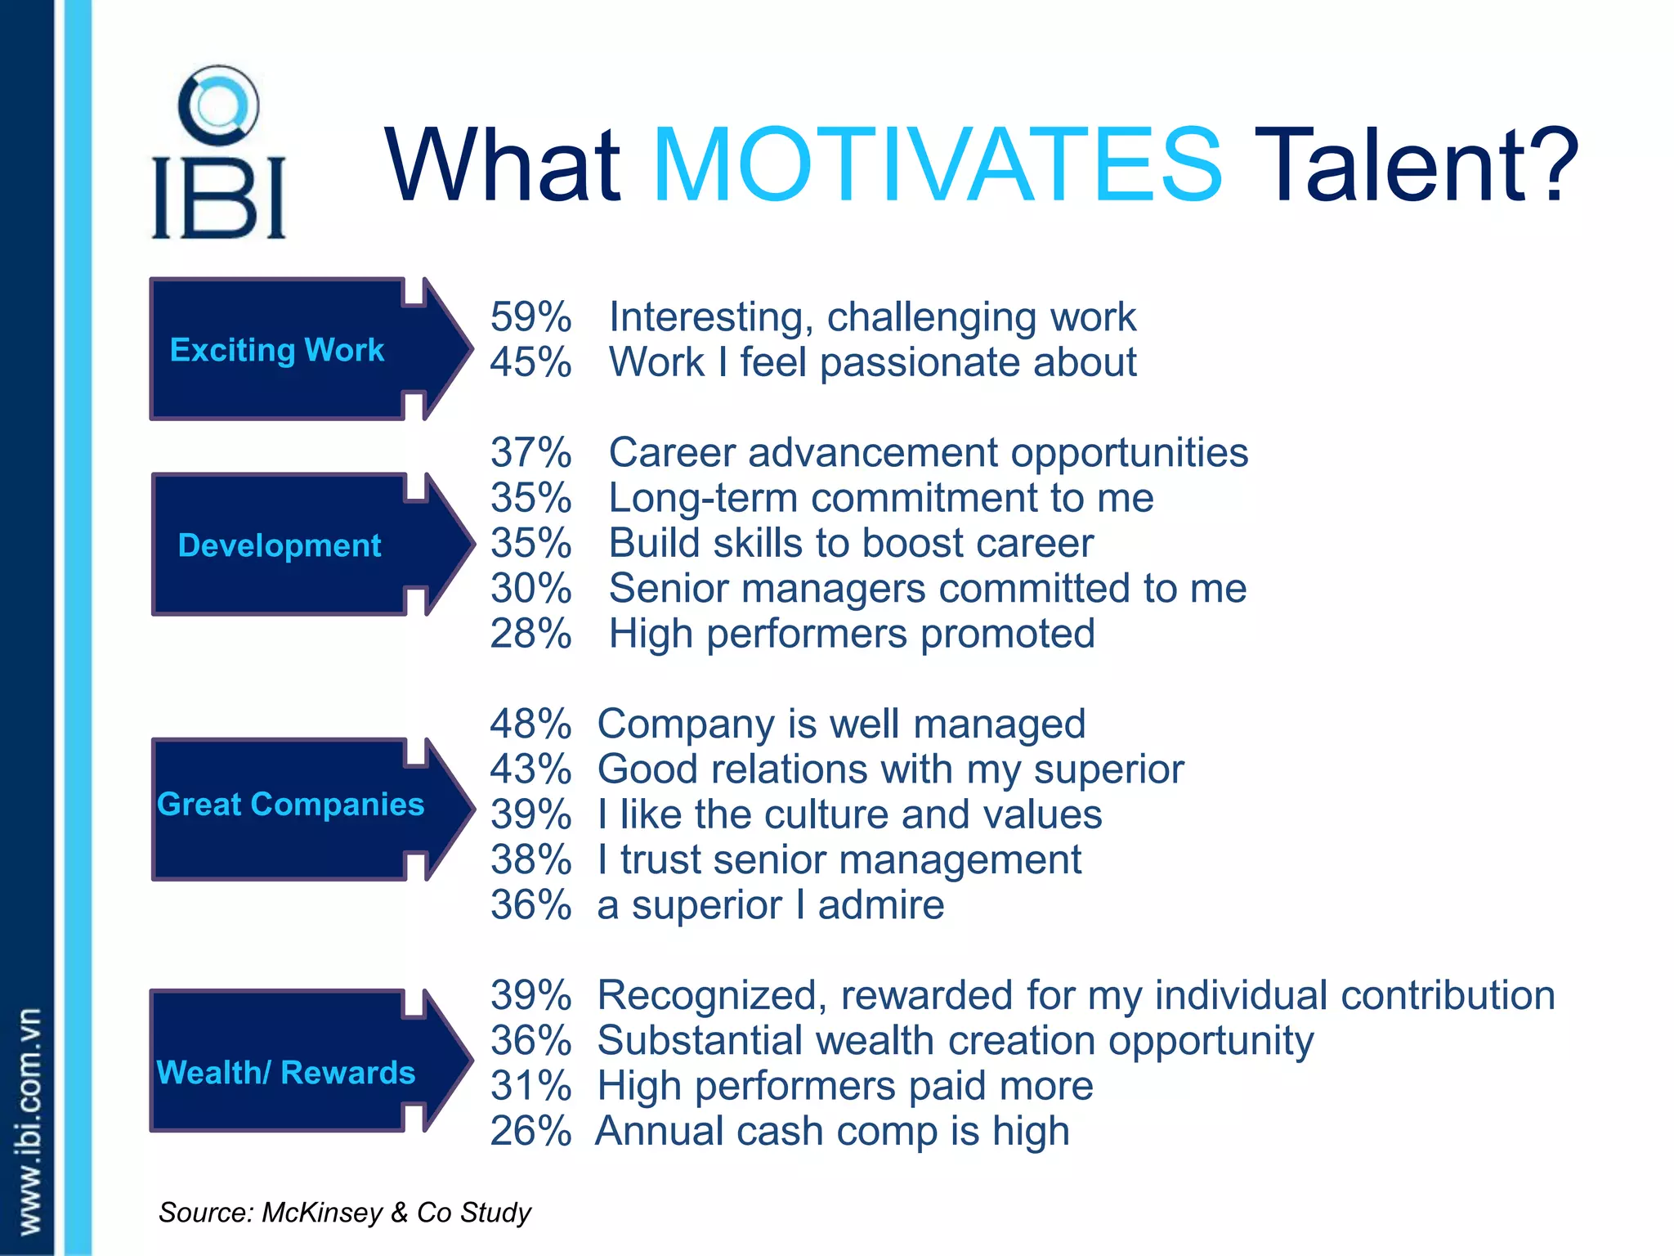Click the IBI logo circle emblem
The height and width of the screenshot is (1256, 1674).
pyautogui.click(x=218, y=106)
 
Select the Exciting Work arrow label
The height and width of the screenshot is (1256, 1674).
pyautogui.click(x=277, y=350)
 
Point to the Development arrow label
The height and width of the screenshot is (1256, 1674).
pyautogui.click(x=280, y=545)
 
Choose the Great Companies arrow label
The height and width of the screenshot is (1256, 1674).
pyautogui.click(x=290, y=805)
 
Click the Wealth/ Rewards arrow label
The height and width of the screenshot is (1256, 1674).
pyautogui.click(x=285, y=1072)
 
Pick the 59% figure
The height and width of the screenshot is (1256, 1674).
pyautogui.click(x=530, y=317)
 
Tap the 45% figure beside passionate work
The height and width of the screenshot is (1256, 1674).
pyautogui.click(x=530, y=362)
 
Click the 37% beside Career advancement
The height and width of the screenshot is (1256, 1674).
pyautogui.click(x=530, y=453)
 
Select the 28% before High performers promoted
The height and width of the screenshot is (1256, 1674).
pyautogui.click(x=530, y=634)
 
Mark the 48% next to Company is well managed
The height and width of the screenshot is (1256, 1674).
pyautogui.click(x=530, y=724)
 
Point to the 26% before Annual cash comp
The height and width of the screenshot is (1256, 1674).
pyautogui.click(x=530, y=1132)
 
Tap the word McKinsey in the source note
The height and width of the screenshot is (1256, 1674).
pyautogui.click(x=321, y=1212)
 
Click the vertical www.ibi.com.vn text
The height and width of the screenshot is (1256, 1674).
pyautogui.click(x=29, y=1120)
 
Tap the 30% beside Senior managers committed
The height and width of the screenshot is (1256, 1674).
pyautogui.click(x=530, y=589)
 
